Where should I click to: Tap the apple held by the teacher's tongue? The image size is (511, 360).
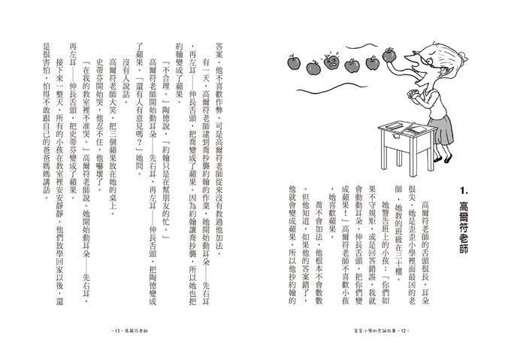(389, 54)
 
